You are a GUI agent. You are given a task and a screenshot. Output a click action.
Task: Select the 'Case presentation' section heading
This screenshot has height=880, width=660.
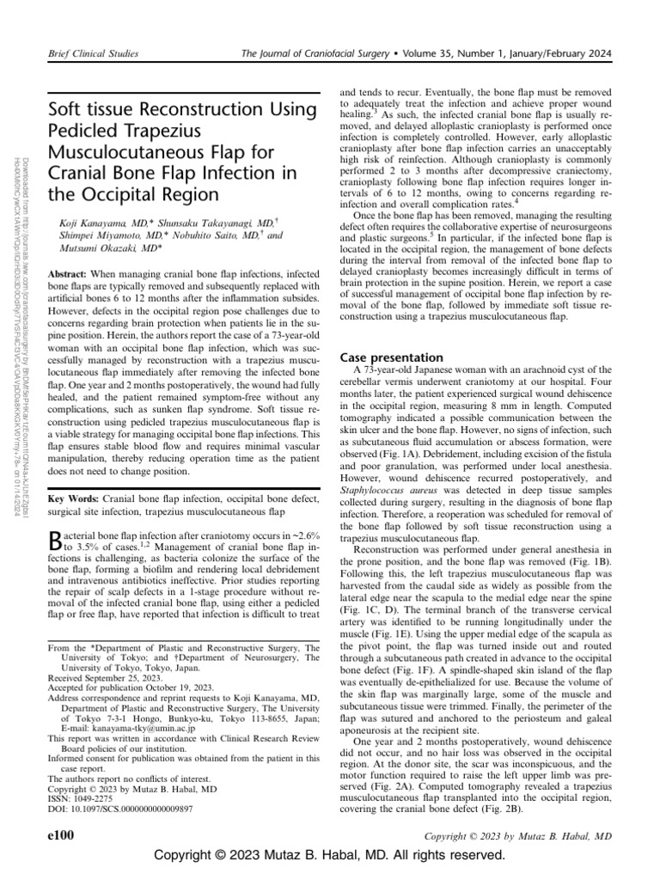click(392, 357)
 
